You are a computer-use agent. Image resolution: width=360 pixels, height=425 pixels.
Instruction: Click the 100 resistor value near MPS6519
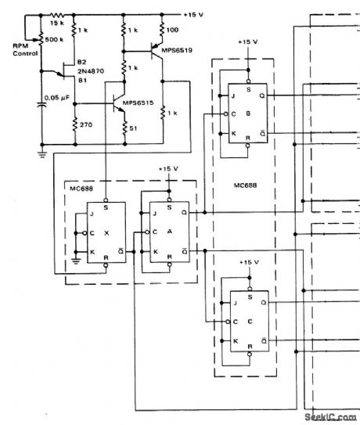174,30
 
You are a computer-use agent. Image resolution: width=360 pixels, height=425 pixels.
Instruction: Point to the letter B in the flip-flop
248,113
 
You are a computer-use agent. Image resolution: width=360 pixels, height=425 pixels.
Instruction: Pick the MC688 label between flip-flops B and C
247,186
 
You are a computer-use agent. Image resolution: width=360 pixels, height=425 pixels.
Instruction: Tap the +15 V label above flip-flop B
247,41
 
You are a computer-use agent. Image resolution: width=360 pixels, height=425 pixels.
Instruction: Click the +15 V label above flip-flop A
169,168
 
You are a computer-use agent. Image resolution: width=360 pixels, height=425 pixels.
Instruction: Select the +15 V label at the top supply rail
195,14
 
